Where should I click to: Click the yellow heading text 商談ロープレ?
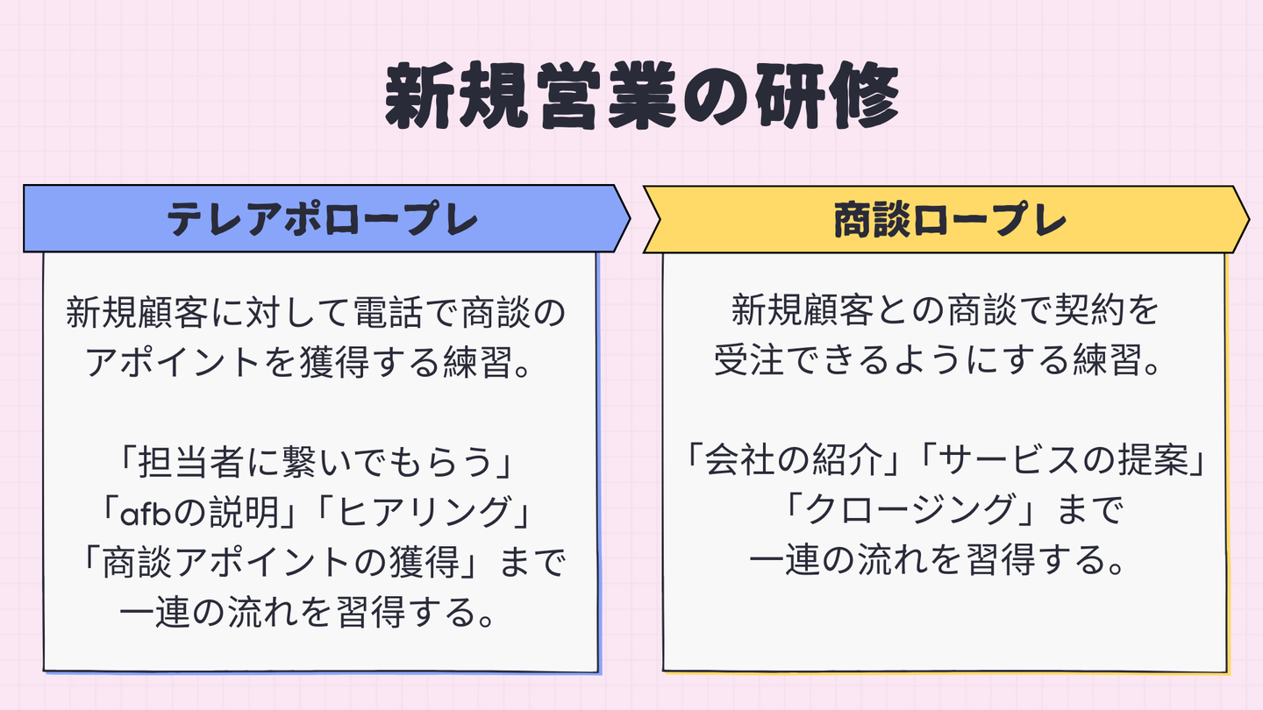pos(949,219)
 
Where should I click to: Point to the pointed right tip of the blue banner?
pos(628,218)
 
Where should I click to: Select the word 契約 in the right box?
pos(1095,310)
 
